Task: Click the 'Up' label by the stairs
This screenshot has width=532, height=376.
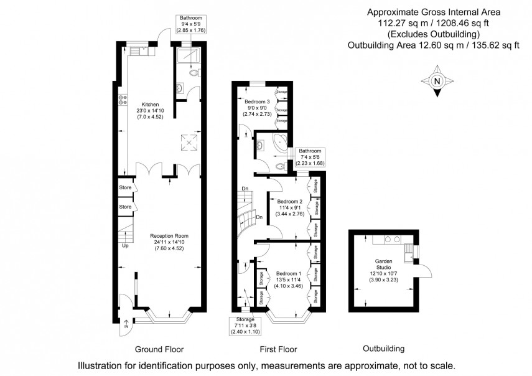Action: (125, 245)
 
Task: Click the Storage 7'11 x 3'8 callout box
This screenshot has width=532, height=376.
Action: (244, 326)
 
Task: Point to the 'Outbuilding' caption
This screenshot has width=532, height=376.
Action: (383, 349)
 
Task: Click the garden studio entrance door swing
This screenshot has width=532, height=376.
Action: (424, 270)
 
